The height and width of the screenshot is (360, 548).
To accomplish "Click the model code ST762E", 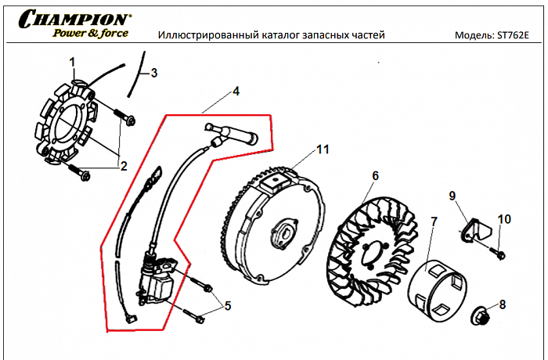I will [x=514, y=36].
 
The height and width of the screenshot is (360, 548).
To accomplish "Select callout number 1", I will [x=72, y=62].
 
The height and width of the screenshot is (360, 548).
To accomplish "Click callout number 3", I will [x=153, y=73].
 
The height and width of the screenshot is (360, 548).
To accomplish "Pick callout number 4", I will [x=236, y=92].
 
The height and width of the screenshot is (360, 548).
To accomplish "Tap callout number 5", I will [x=228, y=305].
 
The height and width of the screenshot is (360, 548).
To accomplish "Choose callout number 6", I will [x=375, y=175].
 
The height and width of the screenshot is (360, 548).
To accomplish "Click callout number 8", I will [x=502, y=304].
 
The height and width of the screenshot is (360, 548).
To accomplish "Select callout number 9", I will [x=452, y=195].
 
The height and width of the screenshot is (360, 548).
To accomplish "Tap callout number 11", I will [x=323, y=149].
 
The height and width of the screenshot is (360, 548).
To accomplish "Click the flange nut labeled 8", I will [x=483, y=316].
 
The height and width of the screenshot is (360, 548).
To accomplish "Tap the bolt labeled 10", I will [x=499, y=252].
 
